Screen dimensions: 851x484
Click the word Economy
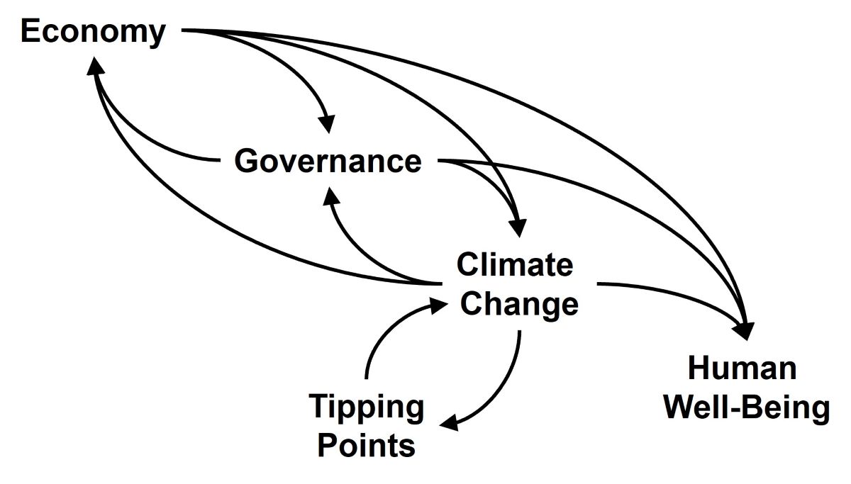click(93, 33)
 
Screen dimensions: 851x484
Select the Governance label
click(328, 162)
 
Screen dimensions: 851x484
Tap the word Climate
click(514, 265)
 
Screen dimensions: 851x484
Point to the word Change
click(519, 305)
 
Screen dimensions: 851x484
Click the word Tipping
click(367, 407)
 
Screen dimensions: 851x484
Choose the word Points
click(366, 446)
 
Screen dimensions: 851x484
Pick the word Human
click(742, 368)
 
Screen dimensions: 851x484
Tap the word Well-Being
click(747, 409)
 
